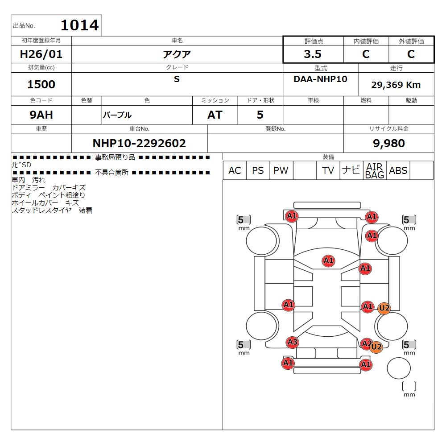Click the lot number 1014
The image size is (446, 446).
pyautogui.click(x=80, y=25)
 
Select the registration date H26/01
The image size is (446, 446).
pyautogui.click(x=41, y=54)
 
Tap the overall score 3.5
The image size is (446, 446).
pyautogui.click(x=313, y=54)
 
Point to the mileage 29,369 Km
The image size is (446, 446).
pyautogui.click(x=396, y=85)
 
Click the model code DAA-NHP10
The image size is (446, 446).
pyautogui.click(x=321, y=79)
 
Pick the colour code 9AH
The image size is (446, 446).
pyautogui.click(x=41, y=115)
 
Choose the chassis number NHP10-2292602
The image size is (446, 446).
pyautogui.click(x=139, y=143)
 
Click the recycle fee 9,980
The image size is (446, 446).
pyautogui.click(x=389, y=143)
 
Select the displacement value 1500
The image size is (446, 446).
pyautogui.click(x=41, y=84)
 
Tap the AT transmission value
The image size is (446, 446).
pyautogui.click(x=215, y=115)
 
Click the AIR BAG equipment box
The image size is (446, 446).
pyautogui.click(x=375, y=170)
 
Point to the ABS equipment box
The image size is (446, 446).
pyautogui.click(x=398, y=170)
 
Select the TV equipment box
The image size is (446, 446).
pyautogui.click(x=328, y=170)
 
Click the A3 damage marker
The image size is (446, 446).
pyautogui.click(x=293, y=342)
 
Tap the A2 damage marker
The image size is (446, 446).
pyautogui.click(x=366, y=343)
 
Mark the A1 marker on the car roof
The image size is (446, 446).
pyautogui.click(x=329, y=260)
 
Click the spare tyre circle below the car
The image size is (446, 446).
pyautogui.click(x=398, y=368)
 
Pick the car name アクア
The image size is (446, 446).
pyautogui.click(x=177, y=54)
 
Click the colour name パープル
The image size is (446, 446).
pyautogui.click(x=117, y=115)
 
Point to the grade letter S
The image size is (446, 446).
pyautogui.click(x=177, y=79)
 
